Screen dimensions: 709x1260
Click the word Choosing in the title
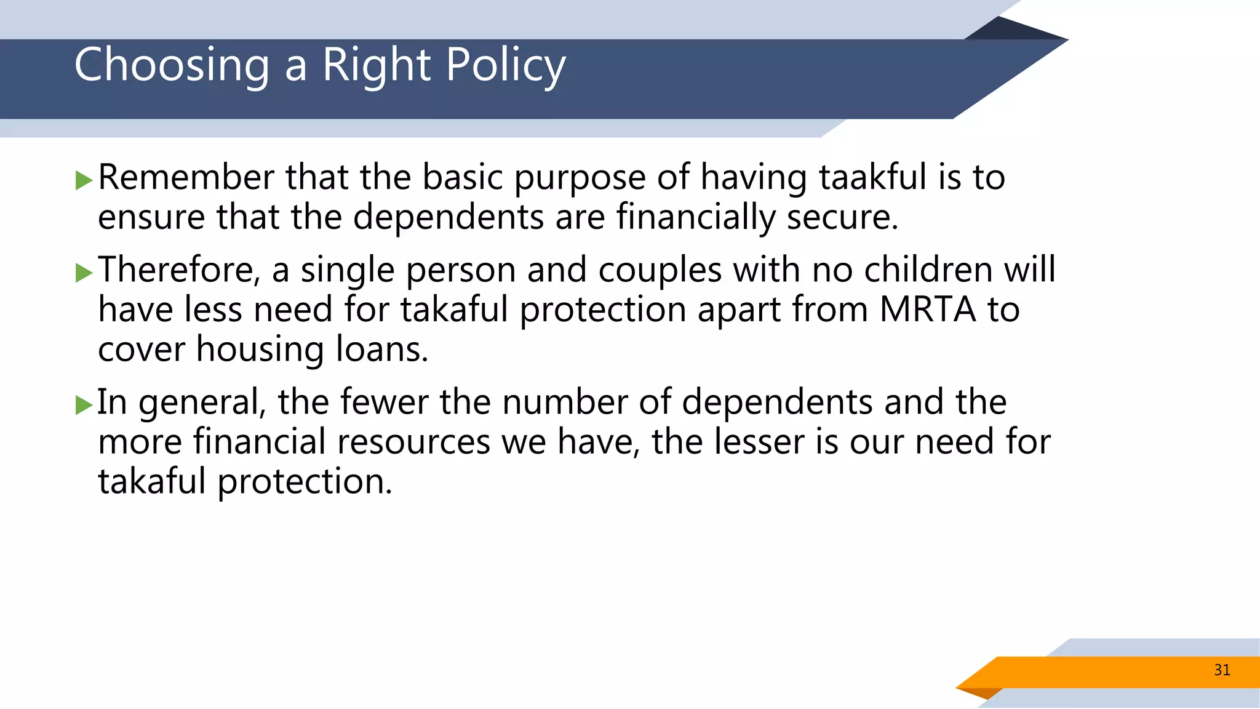[x=172, y=65]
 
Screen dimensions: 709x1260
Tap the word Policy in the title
[x=505, y=65]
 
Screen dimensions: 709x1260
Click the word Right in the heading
[x=377, y=65]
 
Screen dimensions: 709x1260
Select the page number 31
[x=1222, y=670]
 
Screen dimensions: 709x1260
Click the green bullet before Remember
[x=84, y=181]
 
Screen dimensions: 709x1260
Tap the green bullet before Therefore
[x=84, y=273]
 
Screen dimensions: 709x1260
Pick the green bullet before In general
[x=84, y=405]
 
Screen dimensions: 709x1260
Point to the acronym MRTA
[x=927, y=309]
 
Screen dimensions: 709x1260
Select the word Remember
[x=186, y=177]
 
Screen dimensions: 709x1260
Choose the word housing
[x=260, y=350]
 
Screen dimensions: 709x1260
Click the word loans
[x=381, y=349]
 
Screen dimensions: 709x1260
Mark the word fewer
[x=384, y=402]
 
